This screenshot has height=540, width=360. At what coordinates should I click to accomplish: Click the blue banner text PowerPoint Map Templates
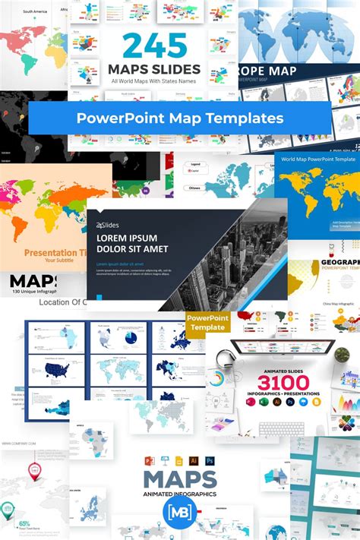pos(179,118)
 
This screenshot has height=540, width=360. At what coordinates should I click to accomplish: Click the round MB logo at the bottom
pos(179,510)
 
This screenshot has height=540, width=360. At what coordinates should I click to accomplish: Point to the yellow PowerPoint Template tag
pos(206,322)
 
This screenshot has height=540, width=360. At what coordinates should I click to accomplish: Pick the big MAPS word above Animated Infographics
pos(179,479)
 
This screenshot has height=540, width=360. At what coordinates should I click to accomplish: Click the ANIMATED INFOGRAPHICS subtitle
pos(179,494)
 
